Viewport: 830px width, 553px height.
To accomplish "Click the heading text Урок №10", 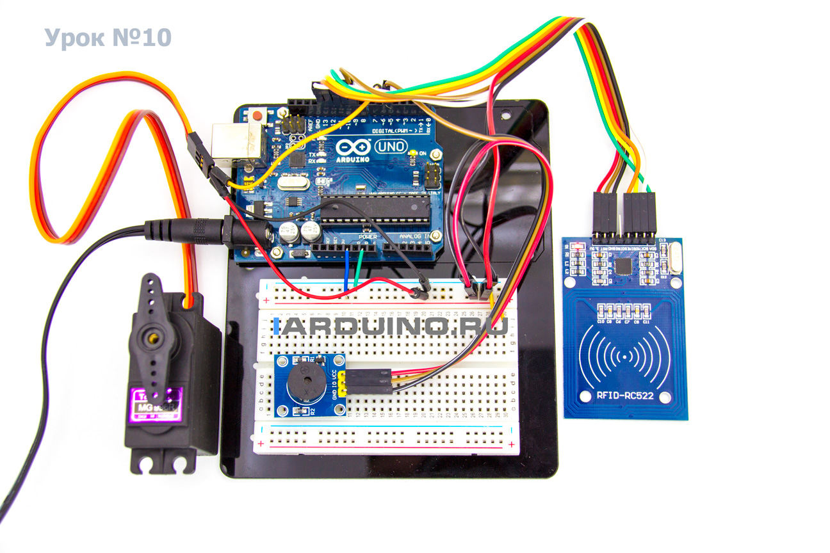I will click(x=108, y=38).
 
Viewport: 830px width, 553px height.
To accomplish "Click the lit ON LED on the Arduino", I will click(x=414, y=154).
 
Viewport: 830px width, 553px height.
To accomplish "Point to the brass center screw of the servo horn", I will click(x=152, y=334).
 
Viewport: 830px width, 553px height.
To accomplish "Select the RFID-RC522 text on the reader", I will click(x=625, y=396).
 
